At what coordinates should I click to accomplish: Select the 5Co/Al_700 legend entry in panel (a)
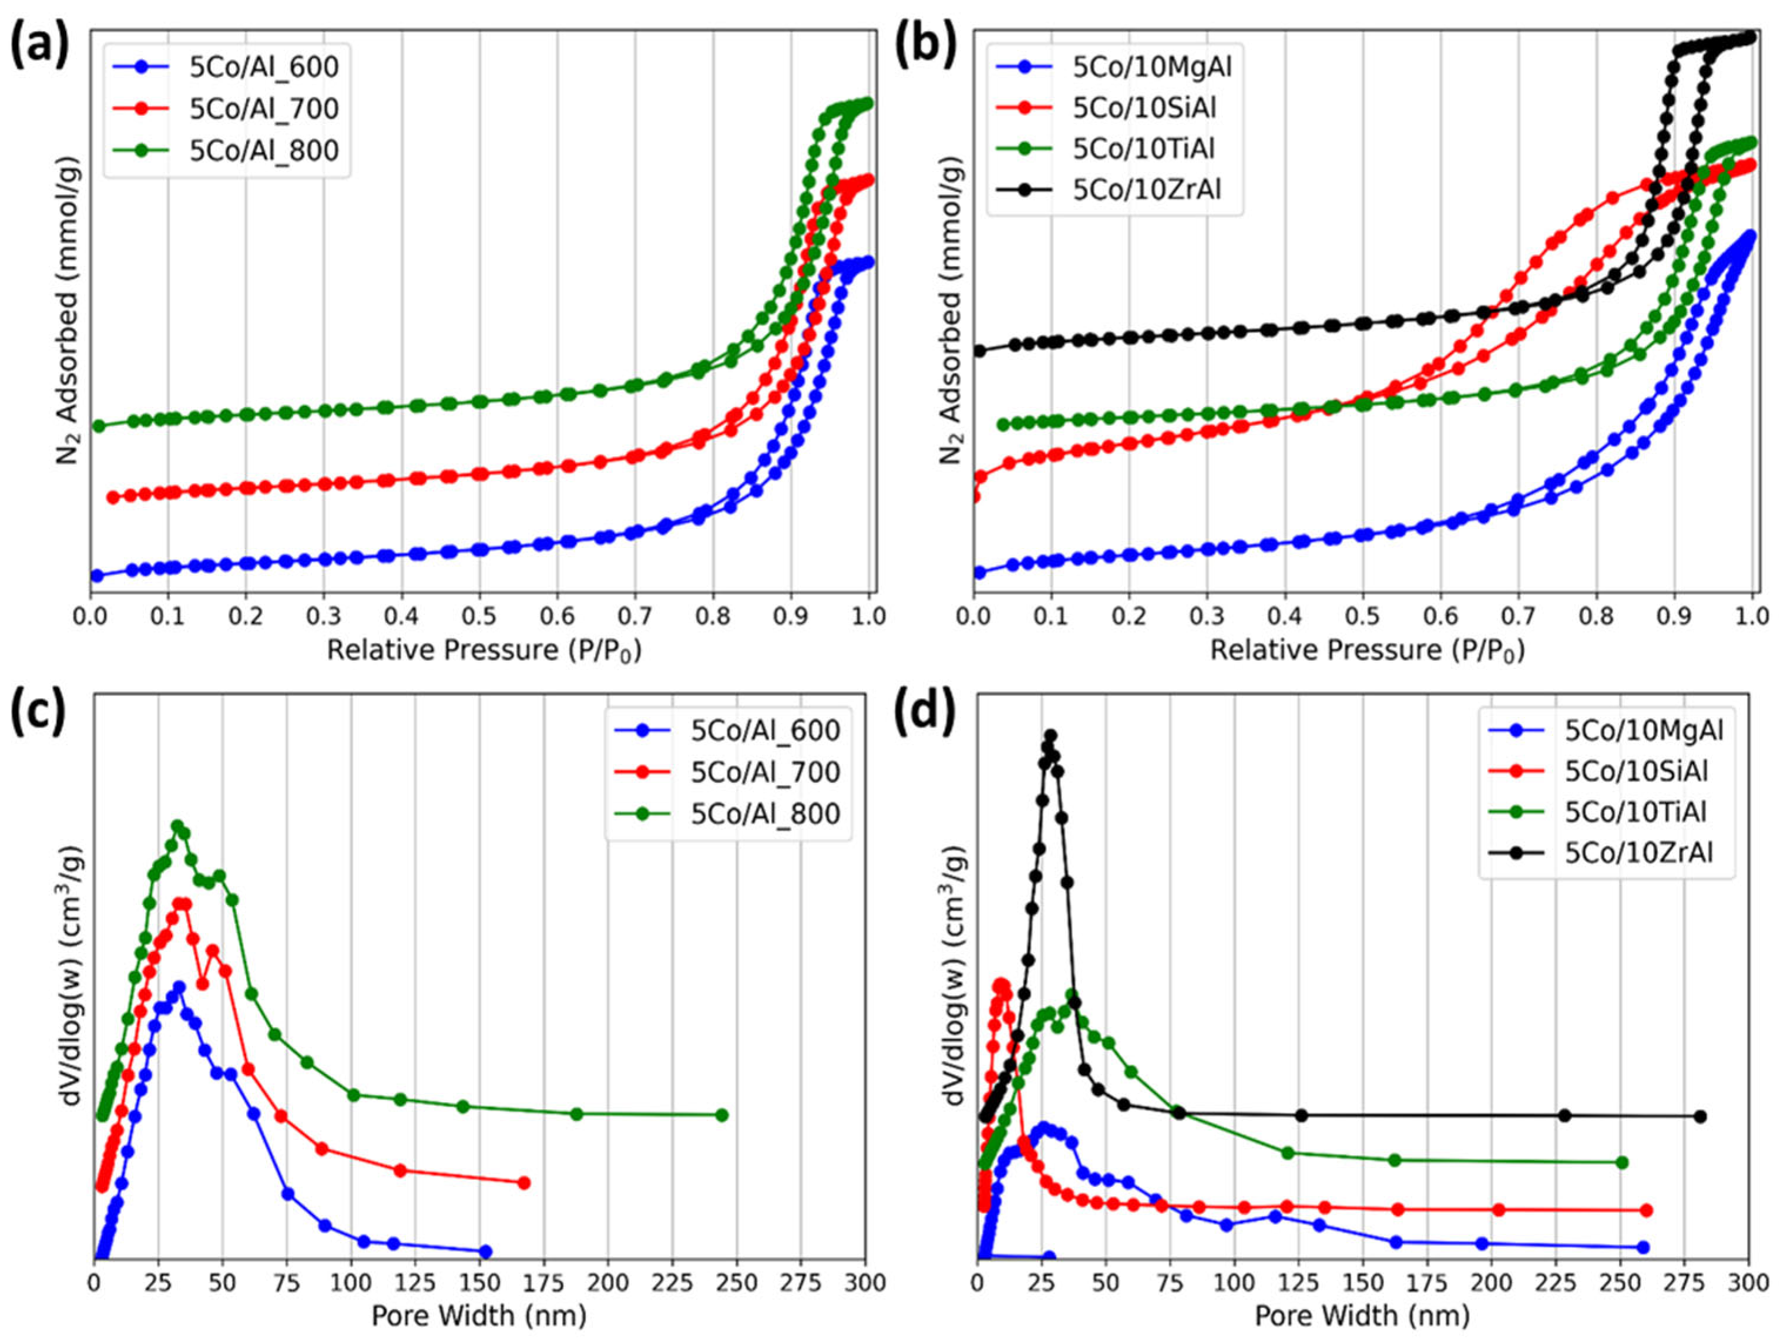(264, 109)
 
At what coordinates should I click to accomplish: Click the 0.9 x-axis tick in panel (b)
(1674, 617)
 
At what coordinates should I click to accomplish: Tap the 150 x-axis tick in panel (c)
(479, 1282)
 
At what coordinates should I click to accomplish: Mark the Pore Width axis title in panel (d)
(1362, 1316)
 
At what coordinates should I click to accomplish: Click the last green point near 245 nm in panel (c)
(722, 1115)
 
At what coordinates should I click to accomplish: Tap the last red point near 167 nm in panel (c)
(524, 1183)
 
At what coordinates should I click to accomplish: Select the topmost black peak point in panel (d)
(1049, 735)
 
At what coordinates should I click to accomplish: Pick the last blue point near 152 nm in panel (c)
(485, 1252)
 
